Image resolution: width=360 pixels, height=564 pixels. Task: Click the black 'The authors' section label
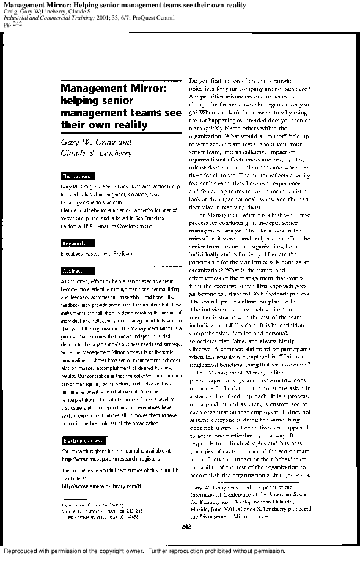point(76,176)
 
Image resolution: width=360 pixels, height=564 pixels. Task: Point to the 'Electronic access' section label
point(83,440)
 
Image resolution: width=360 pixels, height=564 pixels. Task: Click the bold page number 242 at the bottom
point(186,526)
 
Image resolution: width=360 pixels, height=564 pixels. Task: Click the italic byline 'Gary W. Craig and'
point(96,142)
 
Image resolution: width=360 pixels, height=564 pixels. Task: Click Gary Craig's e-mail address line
point(91,202)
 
